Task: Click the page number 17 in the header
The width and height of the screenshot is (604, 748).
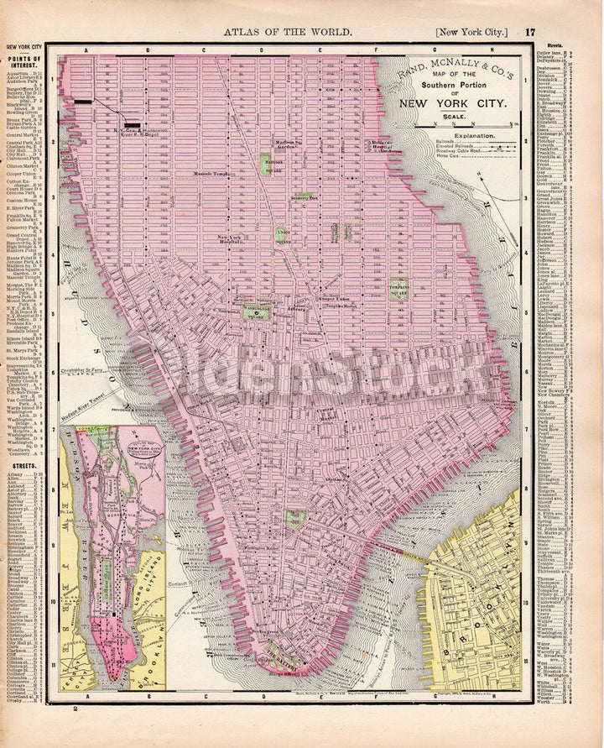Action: click(530, 32)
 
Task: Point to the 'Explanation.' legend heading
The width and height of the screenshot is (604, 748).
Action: click(474, 135)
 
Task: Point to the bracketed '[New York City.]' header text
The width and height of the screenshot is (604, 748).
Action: click(471, 32)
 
